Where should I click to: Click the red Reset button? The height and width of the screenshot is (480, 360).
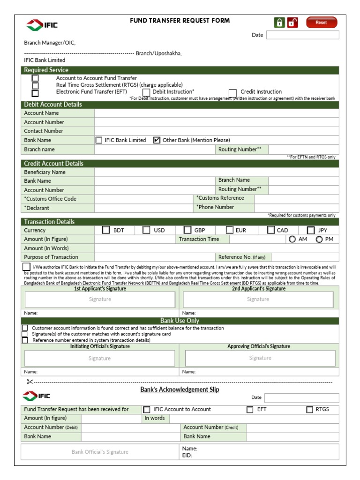[321, 22]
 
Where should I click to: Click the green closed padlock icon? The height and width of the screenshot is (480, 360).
[279, 22]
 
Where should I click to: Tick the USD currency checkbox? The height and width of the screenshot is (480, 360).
[146, 230]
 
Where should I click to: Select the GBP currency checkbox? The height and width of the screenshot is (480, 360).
[187, 230]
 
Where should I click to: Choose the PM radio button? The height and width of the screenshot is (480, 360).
[319, 239]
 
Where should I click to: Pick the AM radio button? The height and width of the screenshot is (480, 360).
[292, 239]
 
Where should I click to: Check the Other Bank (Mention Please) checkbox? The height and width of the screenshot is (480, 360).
[157, 140]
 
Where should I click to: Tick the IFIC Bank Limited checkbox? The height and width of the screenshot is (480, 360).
[99, 140]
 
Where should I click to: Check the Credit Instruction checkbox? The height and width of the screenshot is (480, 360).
[232, 92]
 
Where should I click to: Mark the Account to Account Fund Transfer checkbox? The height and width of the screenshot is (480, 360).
[35, 78]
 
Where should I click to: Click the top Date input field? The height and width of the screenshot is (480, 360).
[302, 35]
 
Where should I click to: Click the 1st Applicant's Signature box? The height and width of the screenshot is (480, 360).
[100, 300]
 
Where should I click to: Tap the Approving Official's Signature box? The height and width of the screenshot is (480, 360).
[260, 358]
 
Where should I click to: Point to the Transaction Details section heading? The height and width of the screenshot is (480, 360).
[49, 222]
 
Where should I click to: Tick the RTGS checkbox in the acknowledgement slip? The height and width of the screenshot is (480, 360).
[309, 409]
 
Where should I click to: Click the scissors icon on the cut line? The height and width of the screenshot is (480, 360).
[30, 382]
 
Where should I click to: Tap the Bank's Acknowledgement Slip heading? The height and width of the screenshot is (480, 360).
[180, 390]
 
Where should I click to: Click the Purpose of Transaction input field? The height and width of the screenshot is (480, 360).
[155, 257]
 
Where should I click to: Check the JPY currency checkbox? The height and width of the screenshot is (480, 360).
[311, 230]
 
